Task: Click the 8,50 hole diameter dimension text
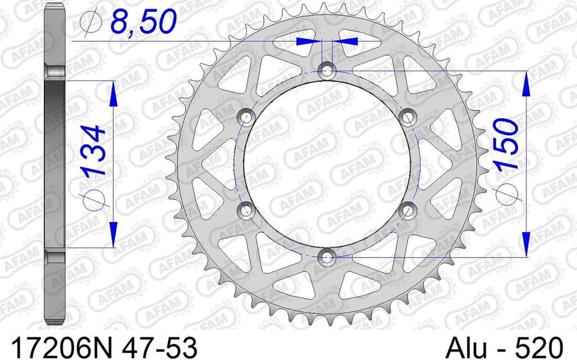point(143,21)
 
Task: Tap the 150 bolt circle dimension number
point(507,144)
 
